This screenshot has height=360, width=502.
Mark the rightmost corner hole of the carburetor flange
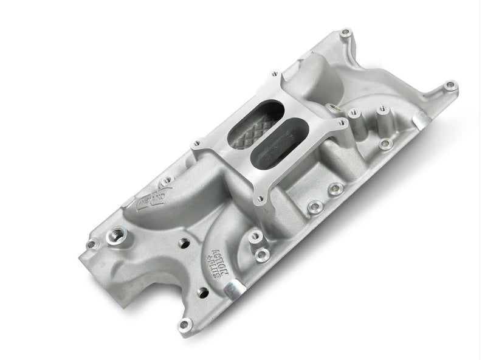point(343,124)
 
